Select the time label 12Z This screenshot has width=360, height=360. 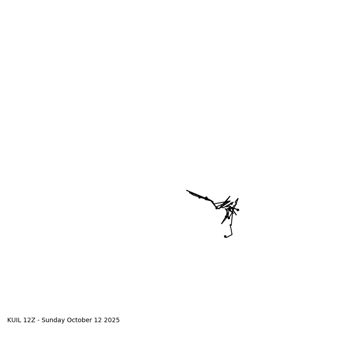click(29, 320)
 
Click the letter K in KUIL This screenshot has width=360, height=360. click(9, 320)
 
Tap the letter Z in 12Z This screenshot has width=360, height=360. click(33, 320)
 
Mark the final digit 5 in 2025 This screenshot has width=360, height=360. click(118, 320)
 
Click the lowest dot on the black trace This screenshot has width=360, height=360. click(225, 236)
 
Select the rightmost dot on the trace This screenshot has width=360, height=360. click(238, 210)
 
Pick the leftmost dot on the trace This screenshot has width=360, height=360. click(199, 197)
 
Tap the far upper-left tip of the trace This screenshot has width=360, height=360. click(187, 190)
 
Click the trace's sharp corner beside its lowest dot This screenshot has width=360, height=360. click(232, 234)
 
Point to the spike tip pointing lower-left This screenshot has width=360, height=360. click(221, 224)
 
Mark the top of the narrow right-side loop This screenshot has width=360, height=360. click(238, 198)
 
